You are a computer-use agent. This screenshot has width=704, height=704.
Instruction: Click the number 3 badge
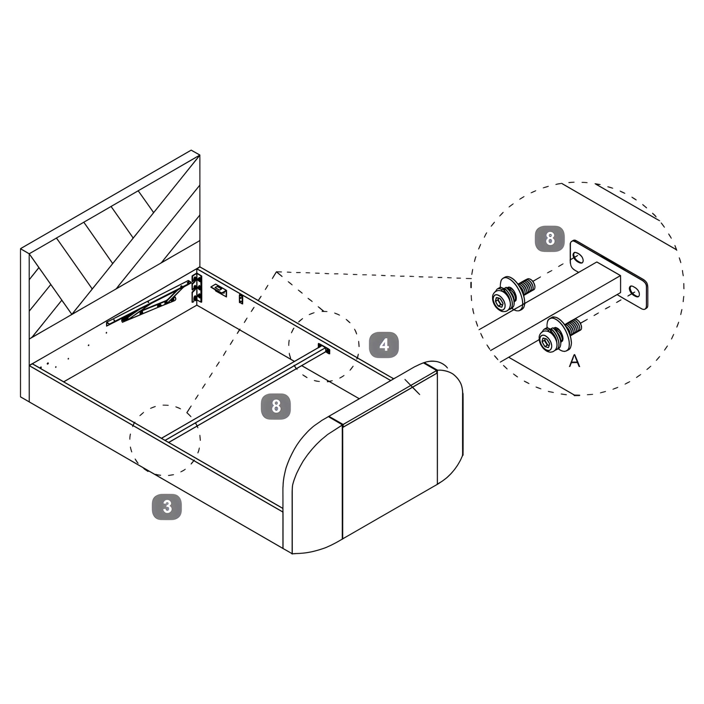pos(167,506)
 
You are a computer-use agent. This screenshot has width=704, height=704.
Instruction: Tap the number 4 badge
pos(384,344)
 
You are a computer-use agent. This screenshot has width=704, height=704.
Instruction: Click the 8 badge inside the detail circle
pos(550,239)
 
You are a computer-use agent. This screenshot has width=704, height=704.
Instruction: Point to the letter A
pos(575,361)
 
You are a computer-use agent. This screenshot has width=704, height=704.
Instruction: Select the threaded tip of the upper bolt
pos(528,285)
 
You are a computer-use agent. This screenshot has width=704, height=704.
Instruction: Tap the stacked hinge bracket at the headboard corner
pos(197,288)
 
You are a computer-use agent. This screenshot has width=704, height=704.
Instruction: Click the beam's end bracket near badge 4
pos(324,348)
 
